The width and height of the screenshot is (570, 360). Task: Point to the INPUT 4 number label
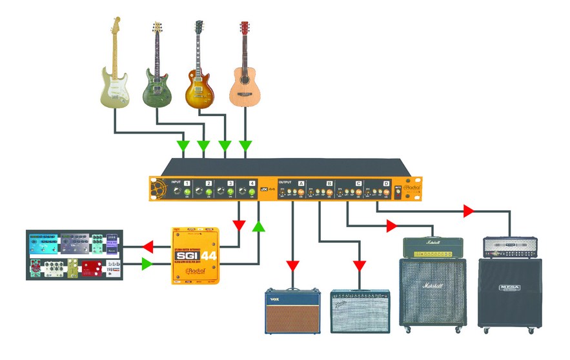pos(252,184)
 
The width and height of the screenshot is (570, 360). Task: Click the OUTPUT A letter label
pos(301,184)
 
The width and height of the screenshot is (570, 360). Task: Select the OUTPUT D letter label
pos(386,184)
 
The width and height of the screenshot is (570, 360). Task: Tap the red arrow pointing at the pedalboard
pos(148,246)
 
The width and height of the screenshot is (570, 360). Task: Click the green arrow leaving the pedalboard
pos(147,264)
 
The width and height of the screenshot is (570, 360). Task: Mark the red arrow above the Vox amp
pos(292,265)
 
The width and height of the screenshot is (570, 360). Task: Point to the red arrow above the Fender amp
pos(360,265)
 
